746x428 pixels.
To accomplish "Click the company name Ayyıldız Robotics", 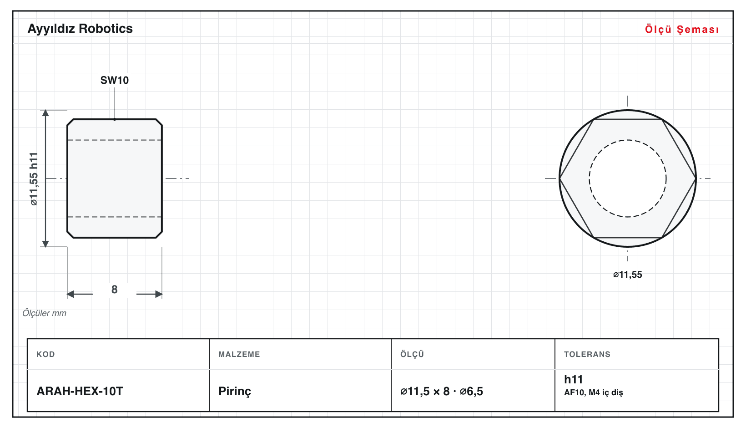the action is (80, 29).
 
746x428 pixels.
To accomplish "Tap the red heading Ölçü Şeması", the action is (682, 29).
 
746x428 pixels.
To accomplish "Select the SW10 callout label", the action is (115, 80).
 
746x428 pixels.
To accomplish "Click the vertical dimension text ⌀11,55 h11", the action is (34, 179).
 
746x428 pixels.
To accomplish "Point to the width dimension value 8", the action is (114, 289).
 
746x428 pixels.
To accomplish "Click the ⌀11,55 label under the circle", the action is (627, 275).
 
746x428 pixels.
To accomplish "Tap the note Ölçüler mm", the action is (44, 313).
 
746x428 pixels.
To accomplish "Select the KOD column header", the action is (45, 354).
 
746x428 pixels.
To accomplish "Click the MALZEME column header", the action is (239, 354).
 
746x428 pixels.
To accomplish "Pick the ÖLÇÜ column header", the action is (412, 354).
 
